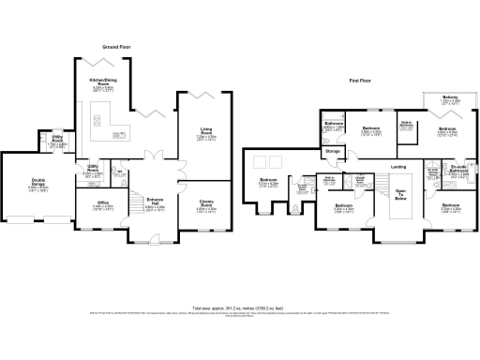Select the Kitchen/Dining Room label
coord(103,82)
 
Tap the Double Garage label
coord(39,185)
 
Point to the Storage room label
coord(333,151)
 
